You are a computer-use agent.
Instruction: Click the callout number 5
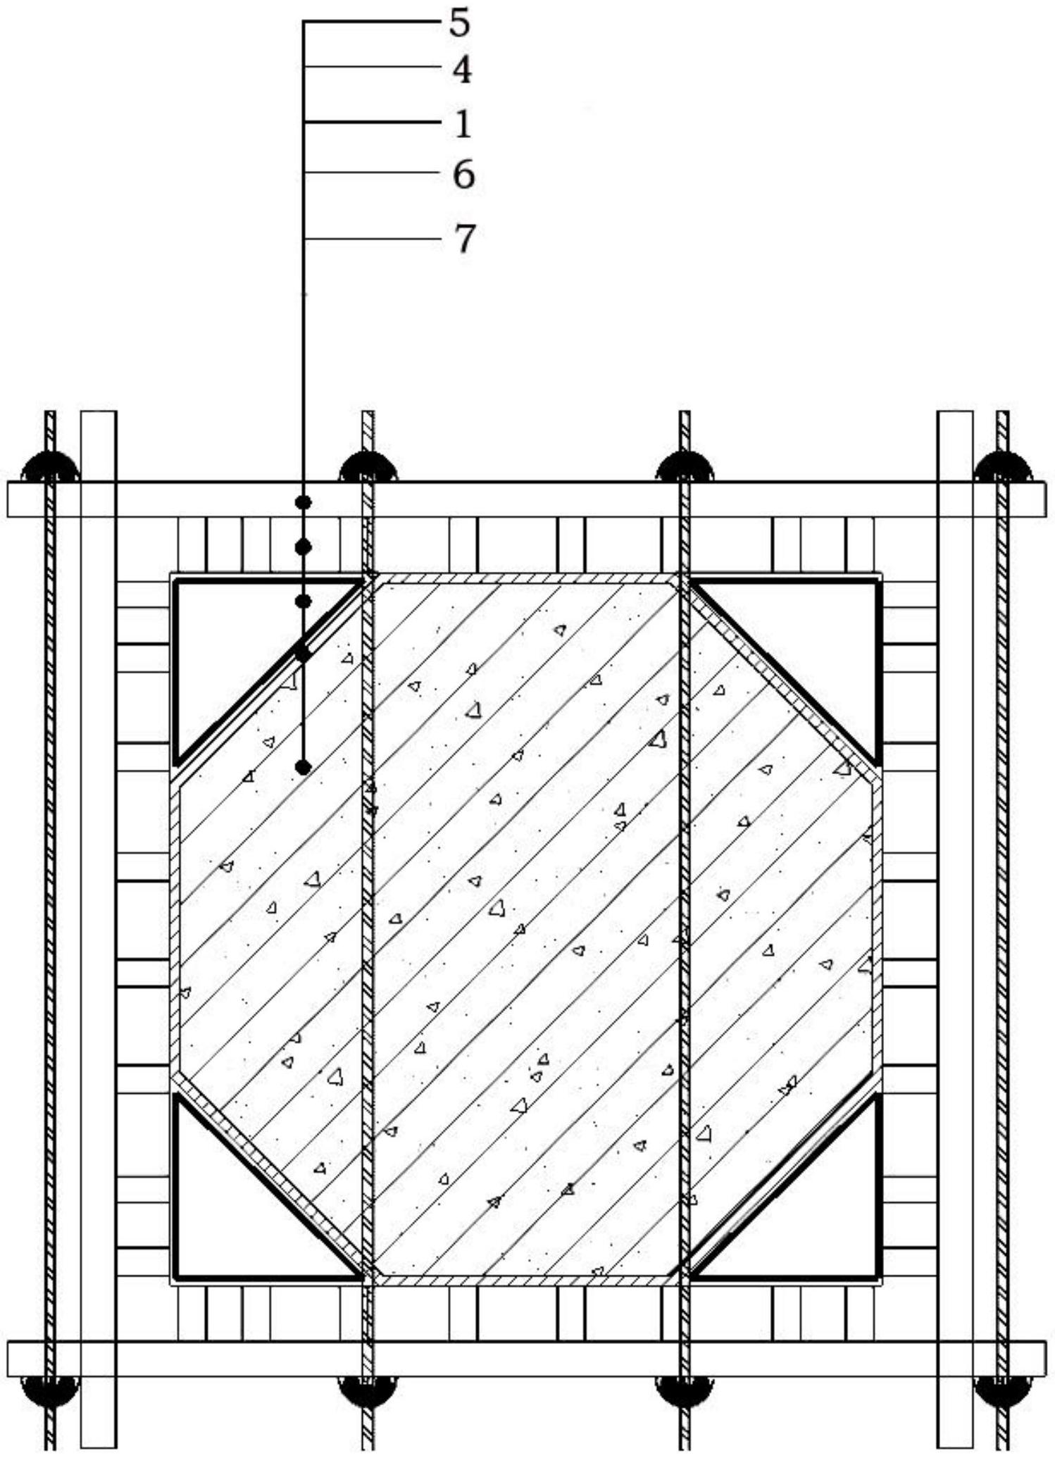point(458,23)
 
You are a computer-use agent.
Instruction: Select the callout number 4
point(461,70)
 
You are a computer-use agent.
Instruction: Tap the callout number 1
point(462,123)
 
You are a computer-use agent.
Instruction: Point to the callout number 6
point(463,175)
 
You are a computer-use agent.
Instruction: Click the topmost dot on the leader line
point(304,502)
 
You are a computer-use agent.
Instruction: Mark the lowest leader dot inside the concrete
point(304,767)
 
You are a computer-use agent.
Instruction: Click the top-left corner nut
point(50,466)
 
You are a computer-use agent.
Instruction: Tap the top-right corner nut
point(1002,466)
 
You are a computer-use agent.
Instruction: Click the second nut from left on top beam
point(368,466)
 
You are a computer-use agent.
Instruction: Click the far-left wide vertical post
point(99,930)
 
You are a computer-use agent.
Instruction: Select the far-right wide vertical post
point(955,930)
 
